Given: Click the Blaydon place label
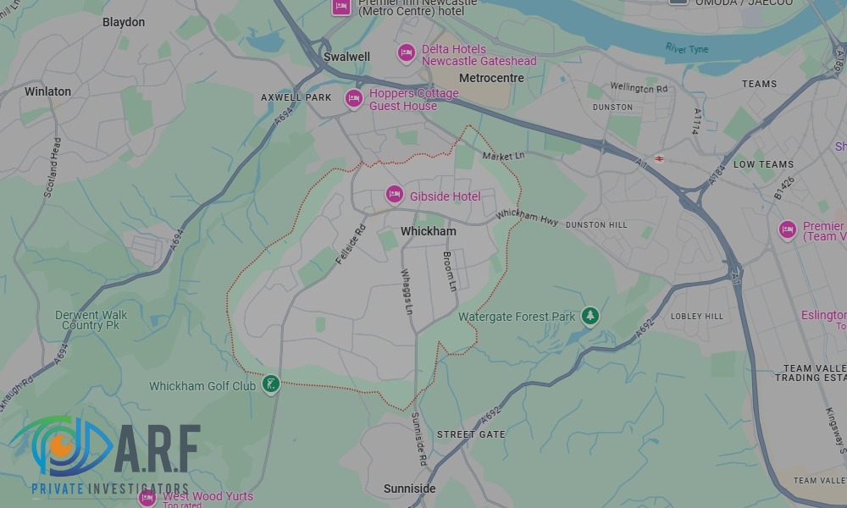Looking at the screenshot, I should coord(124,22).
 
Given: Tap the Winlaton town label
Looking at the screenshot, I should coord(48,91).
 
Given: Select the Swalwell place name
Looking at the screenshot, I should coord(346,57).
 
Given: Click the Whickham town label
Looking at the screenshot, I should coord(428,231).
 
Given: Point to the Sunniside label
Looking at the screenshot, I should coord(409,489).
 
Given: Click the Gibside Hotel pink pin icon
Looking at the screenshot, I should coord(394,195).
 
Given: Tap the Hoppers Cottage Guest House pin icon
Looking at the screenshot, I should coord(353,98).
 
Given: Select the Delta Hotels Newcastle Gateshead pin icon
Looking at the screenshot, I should coord(407,53).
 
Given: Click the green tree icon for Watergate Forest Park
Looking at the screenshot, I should coord(590,317).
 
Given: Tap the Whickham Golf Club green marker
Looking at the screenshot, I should coord(270,385).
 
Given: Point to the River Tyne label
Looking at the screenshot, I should coord(686,48).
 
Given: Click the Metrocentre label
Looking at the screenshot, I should coord(490,78).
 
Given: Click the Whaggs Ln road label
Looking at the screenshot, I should coord(407,293).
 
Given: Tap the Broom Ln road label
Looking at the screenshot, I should coord(450,272).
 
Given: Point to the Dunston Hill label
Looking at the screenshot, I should coord(596,225).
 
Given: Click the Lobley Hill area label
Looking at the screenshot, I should coord(696,317).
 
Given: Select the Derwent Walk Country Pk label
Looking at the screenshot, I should coord(91,320).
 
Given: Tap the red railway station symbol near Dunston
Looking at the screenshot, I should coord(658,158).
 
